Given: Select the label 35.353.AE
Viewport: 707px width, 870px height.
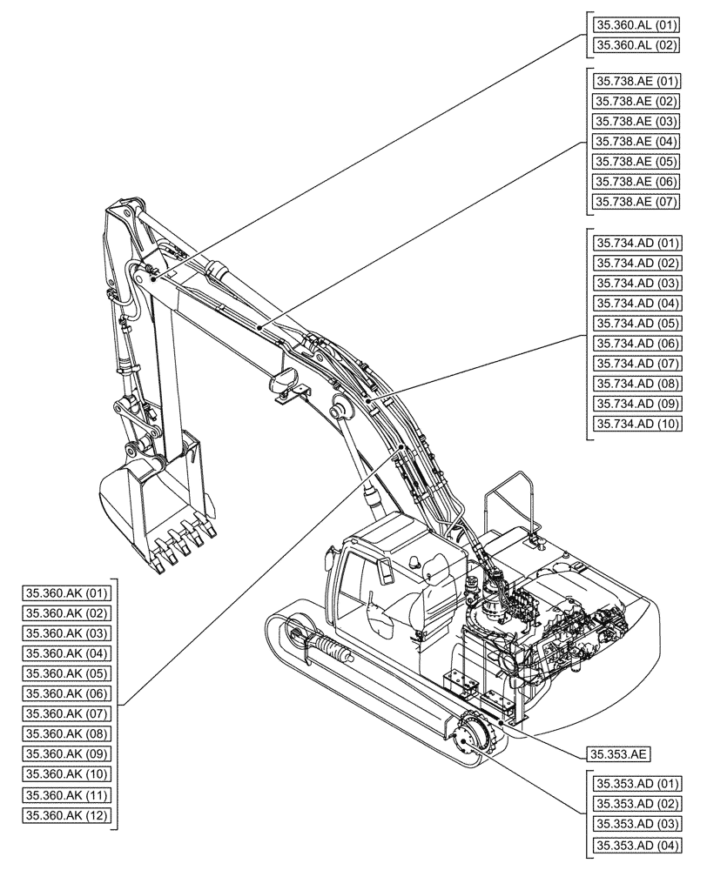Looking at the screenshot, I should coord(621,753).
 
